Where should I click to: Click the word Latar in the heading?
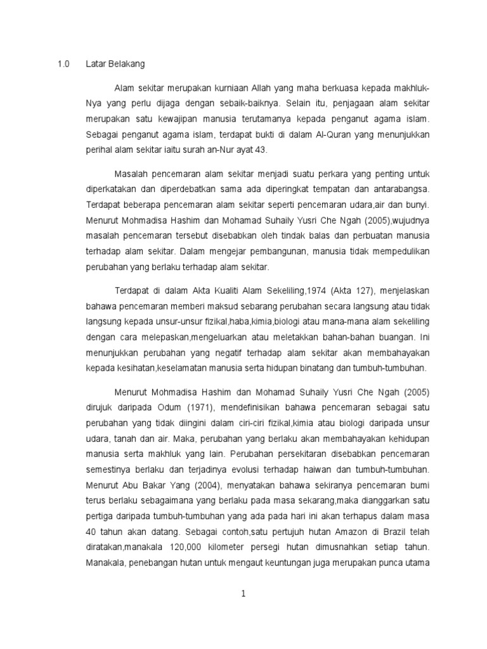coord(96,65)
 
